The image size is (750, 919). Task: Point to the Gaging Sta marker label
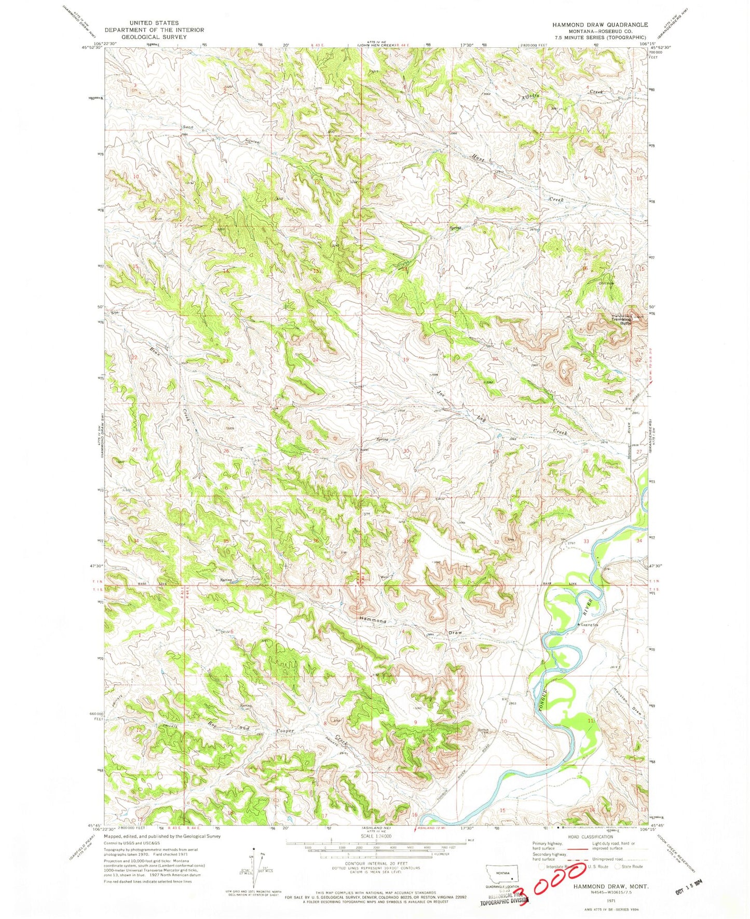(x=590, y=625)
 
